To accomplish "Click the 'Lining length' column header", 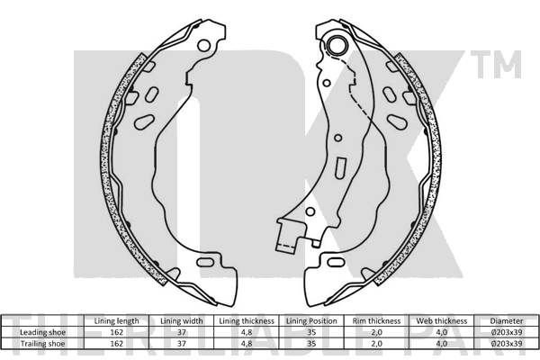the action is pyautogui.click(x=116, y=321).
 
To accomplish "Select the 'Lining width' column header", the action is pyautogui.click(x=182, y=321).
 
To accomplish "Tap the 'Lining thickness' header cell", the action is pyautogui.click(x=247, y=321).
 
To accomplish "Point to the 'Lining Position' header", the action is pyautogui.click(x=311, y=321).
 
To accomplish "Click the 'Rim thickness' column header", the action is pyautogui.click(x=376, y=321).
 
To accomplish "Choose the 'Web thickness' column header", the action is pyautogui.click(x=442, y=321).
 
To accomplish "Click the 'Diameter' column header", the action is pyautogui.click(x=506, y=321).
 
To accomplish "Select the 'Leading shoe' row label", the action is pyautogui.click(x=42, y=332).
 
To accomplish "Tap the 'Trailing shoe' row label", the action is pyautogui.click(x=42, y=344).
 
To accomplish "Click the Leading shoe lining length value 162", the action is pyautogui.click(x=116, y=332).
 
